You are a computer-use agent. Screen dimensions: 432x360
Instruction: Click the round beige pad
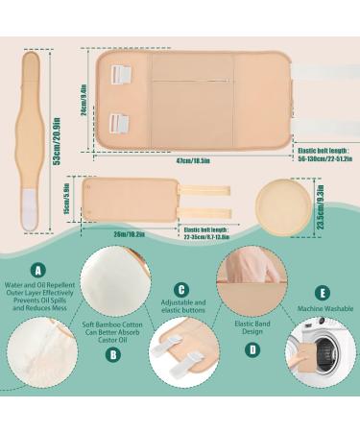(283, 204)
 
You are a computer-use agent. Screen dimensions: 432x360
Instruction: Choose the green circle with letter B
(115, 352)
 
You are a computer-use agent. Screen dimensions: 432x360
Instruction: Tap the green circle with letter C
(180, 289)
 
